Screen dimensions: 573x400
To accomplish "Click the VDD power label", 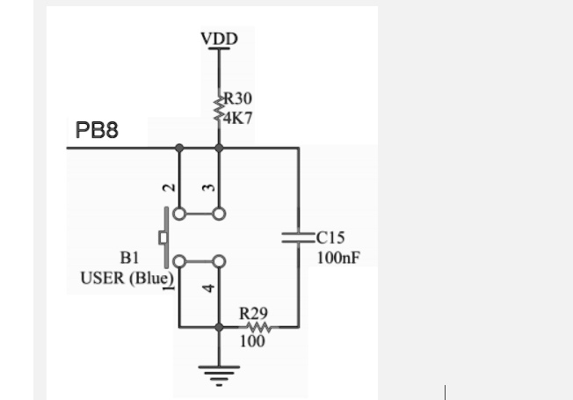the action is pyautogui.click(x=219, y=39).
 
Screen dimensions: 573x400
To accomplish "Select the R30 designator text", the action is pyautogui.click(x=237, y=98).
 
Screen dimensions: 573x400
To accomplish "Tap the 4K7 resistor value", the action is pyautogui.click(x=237, y=118).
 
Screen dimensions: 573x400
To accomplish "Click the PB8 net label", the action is pyautogui.click(x=97, y=130).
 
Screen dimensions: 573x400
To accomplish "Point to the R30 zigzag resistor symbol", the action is pyautogui.click(x=219, y=109).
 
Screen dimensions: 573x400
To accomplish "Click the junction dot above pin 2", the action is pyautogui.click(x=179, y=148).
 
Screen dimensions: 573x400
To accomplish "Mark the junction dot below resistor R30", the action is pyautogui.click(x=219, y=148).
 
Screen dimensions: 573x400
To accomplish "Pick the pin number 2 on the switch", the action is pyautogui.click(x=169, y=188).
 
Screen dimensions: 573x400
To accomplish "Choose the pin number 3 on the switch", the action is pyautogui.click(x=208, y=187).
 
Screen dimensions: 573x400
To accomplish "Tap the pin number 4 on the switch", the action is pyautogui.click(x=208, y=288).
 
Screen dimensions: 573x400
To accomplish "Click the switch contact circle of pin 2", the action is pyautogui.click(x=179, y=214).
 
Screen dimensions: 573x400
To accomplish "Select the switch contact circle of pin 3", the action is pyautogui.click(x=219, y=214).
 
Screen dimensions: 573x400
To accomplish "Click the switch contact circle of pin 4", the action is pyautogui.click(x=219, y=261).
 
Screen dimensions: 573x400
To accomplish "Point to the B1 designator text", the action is pyautogui.click(x=130, y=258).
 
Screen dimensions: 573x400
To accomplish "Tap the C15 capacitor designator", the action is pyautogui.click(x=330, y=237).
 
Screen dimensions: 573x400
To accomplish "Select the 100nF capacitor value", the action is pyautogui.click(x=338, y=258).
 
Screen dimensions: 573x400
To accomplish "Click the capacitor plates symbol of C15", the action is pyautogui.click(x=299, y=237).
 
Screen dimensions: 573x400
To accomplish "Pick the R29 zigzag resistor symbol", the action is pyautogui.click(x=258, y=327).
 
